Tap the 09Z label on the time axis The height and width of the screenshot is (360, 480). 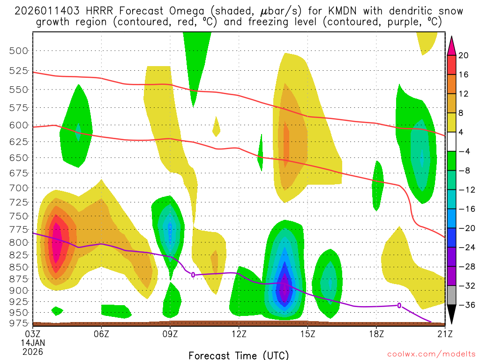point(170,334)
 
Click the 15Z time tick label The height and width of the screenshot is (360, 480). point(307,334)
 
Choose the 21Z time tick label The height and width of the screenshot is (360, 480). point(444,334)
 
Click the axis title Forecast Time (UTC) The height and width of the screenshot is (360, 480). point(239,355)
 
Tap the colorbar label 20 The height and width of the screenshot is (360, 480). point(464,55)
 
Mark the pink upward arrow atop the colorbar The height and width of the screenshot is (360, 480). point(452,45)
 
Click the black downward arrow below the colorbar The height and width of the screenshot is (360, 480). point(452,316)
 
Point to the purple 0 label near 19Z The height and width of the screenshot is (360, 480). point(399,305)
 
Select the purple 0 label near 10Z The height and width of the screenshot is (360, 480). point(193,274)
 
